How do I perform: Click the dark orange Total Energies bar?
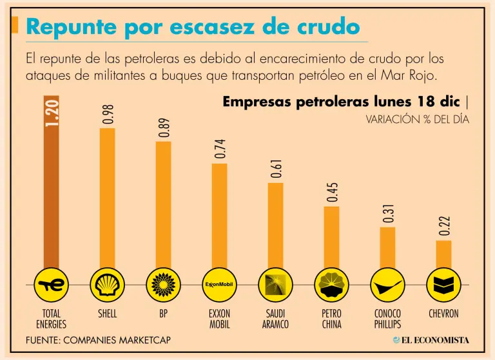click(x=51, y=193)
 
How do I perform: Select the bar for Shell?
click(x=107, y=200)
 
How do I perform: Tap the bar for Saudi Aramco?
click(x=275, y=225)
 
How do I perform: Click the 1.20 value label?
click(x=52, y=112)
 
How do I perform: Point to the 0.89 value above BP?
click(x=164, y=127)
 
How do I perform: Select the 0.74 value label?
click(x=220, y=149)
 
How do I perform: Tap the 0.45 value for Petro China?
click(x=332, y=192)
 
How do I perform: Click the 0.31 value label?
click(x=388, y=214)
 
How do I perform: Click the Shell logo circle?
click(x=107, y=283)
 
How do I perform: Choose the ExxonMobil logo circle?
click(x=219, y=283)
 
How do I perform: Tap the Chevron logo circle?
click(x=443, y=283)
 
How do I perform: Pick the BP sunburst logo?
click(x=163, y=283)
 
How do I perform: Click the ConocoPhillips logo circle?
click(x=387, y=283)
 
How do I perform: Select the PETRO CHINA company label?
click(x=331, y=319)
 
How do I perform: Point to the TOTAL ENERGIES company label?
click(x=51, y=319)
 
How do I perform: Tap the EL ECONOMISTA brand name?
click(x=436, y=340)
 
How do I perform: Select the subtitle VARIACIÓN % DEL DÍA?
click(x=417, y=119)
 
